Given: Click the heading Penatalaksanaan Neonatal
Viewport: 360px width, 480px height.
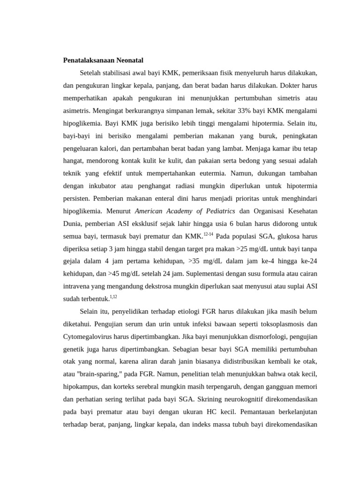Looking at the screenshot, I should click(103, 60).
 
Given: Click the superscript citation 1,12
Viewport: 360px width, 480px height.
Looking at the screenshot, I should click(113, 297).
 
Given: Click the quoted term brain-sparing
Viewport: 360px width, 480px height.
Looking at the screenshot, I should click(101, 374).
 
